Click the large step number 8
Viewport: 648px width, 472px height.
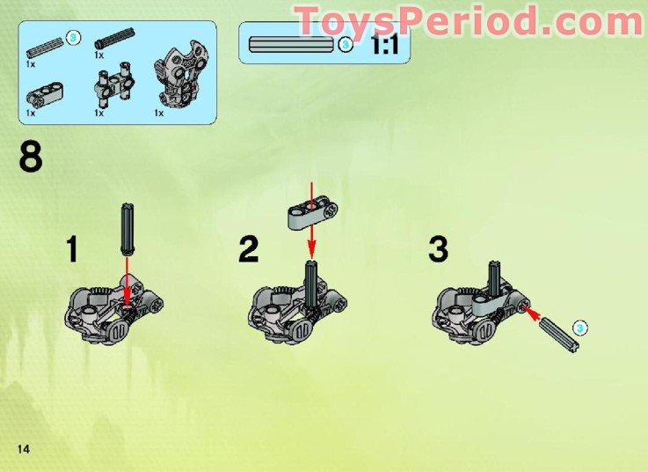click(29, 159)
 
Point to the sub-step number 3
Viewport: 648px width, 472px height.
click(439, 248)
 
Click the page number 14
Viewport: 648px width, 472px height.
click(23, 450)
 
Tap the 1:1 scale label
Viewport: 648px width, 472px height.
click(384, 44)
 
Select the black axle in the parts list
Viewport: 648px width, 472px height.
click(115, 37)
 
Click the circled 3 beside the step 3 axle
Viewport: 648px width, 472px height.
click(579, 328)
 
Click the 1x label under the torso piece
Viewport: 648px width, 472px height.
click(158, 113)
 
